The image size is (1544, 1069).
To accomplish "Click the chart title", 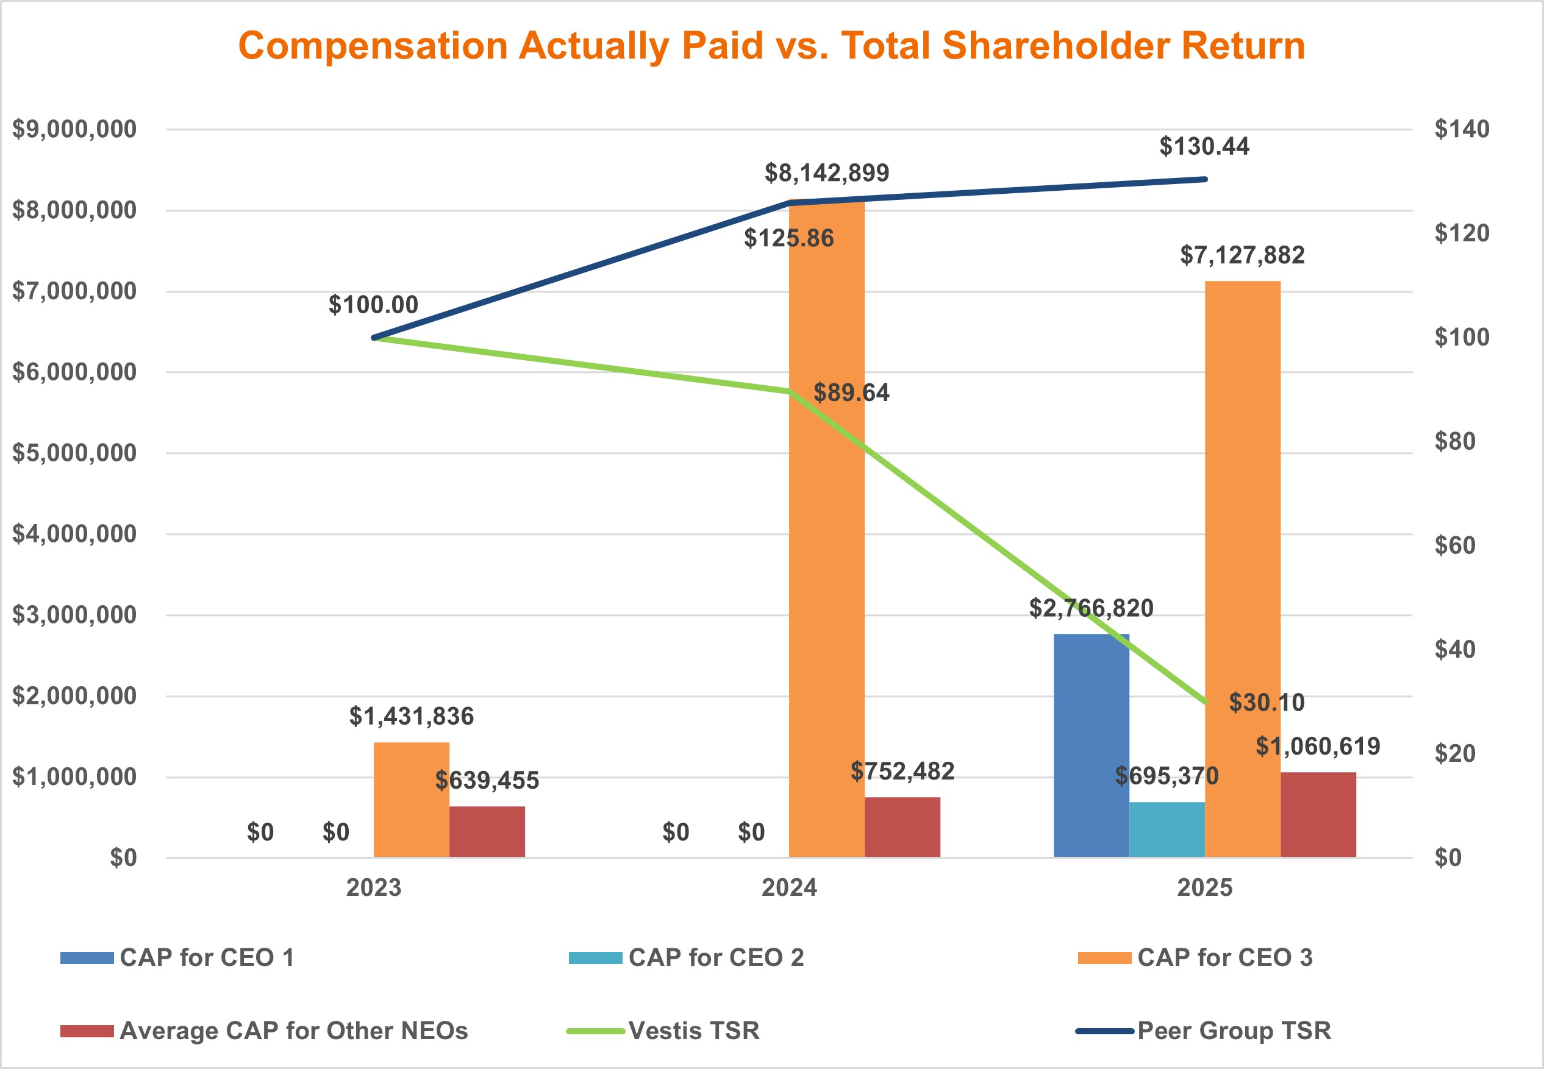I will pyautogui.click(x=771, y=46).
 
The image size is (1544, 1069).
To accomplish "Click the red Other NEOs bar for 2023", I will pyautogui.click(x=487, y=831).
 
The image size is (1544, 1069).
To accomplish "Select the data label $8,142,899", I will pyautogui.click(x=826, y=173).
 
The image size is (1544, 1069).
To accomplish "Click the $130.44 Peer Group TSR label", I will pyautogui.click(x=1204, y=146).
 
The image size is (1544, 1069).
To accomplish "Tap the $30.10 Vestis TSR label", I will pyautogui.click(x=1266, y=702).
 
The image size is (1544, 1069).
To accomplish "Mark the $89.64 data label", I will pyautogui.click(x=851, y=392).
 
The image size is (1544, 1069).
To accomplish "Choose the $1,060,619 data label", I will pyautogui.click(x=1318, y=745).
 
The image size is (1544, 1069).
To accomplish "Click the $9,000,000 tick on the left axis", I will pyautogui.click(x=74, y=129).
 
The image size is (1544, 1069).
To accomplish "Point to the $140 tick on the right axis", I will pyautogui.click(x=1462, y=129).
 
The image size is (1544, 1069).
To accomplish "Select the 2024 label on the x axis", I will pyautogui.click(x=788, y=887).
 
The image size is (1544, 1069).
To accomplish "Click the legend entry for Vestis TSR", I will pyautogui.click(x=693, y=1030).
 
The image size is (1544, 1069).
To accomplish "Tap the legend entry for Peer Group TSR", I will pyautogui.click(x=1233, y=1030).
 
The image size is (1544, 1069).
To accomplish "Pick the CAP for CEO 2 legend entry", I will pyautogui.click(x=715, y=957).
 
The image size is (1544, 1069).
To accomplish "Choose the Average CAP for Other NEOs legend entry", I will pyautogui.click(x=293, y=1030).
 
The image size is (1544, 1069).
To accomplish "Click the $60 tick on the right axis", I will pyautogui.click(x=1455, y=545).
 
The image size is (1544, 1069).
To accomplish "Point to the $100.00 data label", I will pyautogui.click(x=373, y=305).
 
